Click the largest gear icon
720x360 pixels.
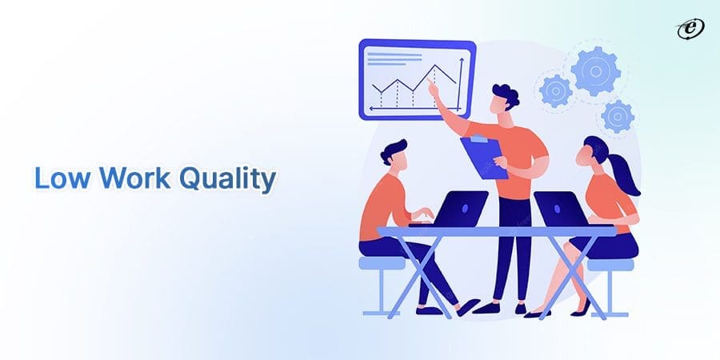pos(595,70)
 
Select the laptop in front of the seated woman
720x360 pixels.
pos(562,210)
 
